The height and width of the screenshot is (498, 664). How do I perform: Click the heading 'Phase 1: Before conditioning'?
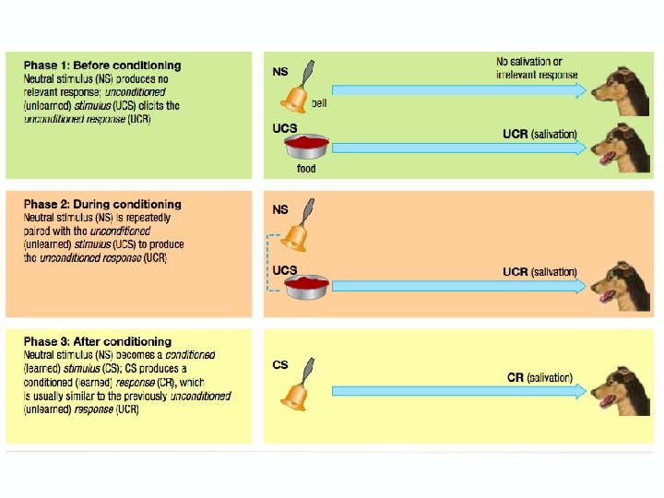[102, 65]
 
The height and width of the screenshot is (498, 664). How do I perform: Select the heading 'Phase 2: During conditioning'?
[102, 204]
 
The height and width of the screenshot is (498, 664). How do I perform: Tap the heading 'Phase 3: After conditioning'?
[98, 342]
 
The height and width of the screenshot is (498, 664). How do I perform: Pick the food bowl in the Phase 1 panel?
[308, 148]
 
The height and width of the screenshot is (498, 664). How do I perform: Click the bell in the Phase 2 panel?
[296, 231]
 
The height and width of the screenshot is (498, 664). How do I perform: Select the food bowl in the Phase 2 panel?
[308, 287]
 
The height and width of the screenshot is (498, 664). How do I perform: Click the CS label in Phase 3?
[280, 364]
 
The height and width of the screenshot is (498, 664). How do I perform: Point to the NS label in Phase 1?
[280, 70]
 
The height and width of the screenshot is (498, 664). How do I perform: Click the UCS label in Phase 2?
[285, 270]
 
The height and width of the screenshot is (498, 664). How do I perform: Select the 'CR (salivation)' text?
[539, 377]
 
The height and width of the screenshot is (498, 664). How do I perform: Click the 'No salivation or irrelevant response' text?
[536, 68]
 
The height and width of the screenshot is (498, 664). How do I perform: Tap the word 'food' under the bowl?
[306, 169]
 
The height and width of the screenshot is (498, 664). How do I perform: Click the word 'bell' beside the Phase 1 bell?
[319, 104]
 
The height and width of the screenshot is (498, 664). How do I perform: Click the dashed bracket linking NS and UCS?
[268, 263]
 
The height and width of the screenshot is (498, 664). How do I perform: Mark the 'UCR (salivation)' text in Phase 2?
[539, 272]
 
